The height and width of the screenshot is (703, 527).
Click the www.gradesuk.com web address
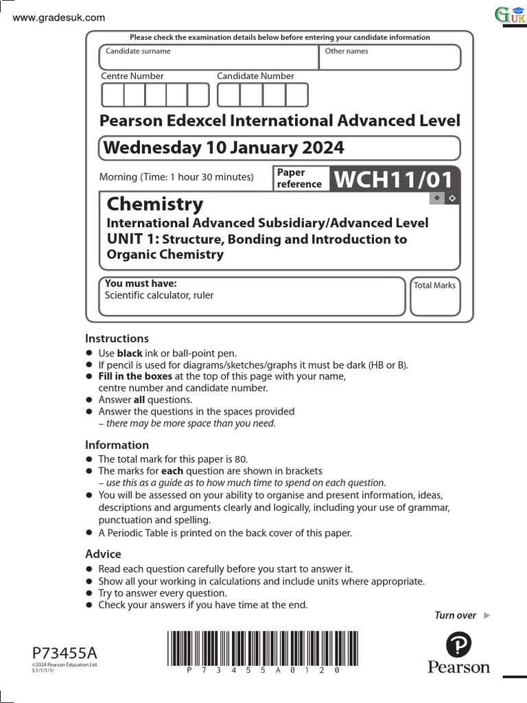59,17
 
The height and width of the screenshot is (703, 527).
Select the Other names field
390,58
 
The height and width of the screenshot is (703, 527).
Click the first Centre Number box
113,95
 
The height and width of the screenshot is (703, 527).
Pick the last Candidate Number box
297,95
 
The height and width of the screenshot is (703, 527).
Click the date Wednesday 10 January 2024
222,148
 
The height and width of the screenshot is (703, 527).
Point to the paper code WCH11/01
393,180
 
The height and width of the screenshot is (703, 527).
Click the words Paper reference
299,178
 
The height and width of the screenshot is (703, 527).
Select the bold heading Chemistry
155,204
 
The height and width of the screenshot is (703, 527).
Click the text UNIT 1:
133,239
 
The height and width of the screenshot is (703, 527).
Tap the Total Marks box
435,297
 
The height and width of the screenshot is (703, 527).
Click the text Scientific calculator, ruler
159,295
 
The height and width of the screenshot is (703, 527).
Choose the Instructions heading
117,338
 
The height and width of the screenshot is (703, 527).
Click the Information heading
117,445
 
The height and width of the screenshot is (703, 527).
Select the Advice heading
103,554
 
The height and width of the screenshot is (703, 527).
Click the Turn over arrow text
462,615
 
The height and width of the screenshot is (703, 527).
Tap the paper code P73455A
65,652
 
